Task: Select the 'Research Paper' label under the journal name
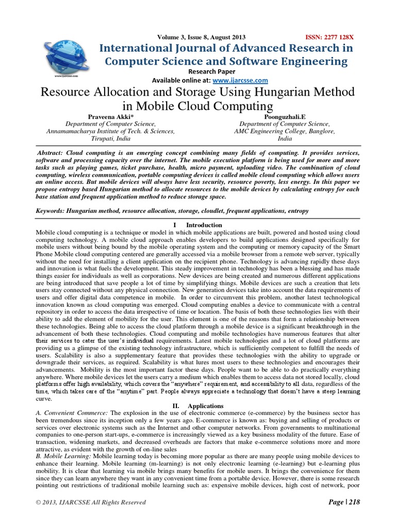click(211, 71)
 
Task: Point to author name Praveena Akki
click(110, 117)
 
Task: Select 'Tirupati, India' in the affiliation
click(111, 139)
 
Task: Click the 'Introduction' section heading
click(204, 225)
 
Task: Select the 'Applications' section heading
click(206, 406)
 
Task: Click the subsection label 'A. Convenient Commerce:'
click(71, 414)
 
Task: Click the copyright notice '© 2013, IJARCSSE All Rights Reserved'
click(91, 502)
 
